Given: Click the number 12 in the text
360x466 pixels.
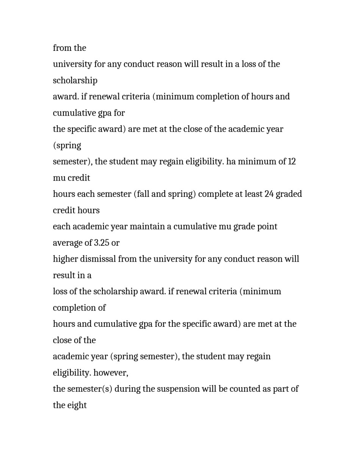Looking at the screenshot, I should (291, 162).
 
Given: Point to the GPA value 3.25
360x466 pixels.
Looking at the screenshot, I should (102, 243).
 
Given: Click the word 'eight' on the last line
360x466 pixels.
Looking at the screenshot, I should (78, 405).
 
